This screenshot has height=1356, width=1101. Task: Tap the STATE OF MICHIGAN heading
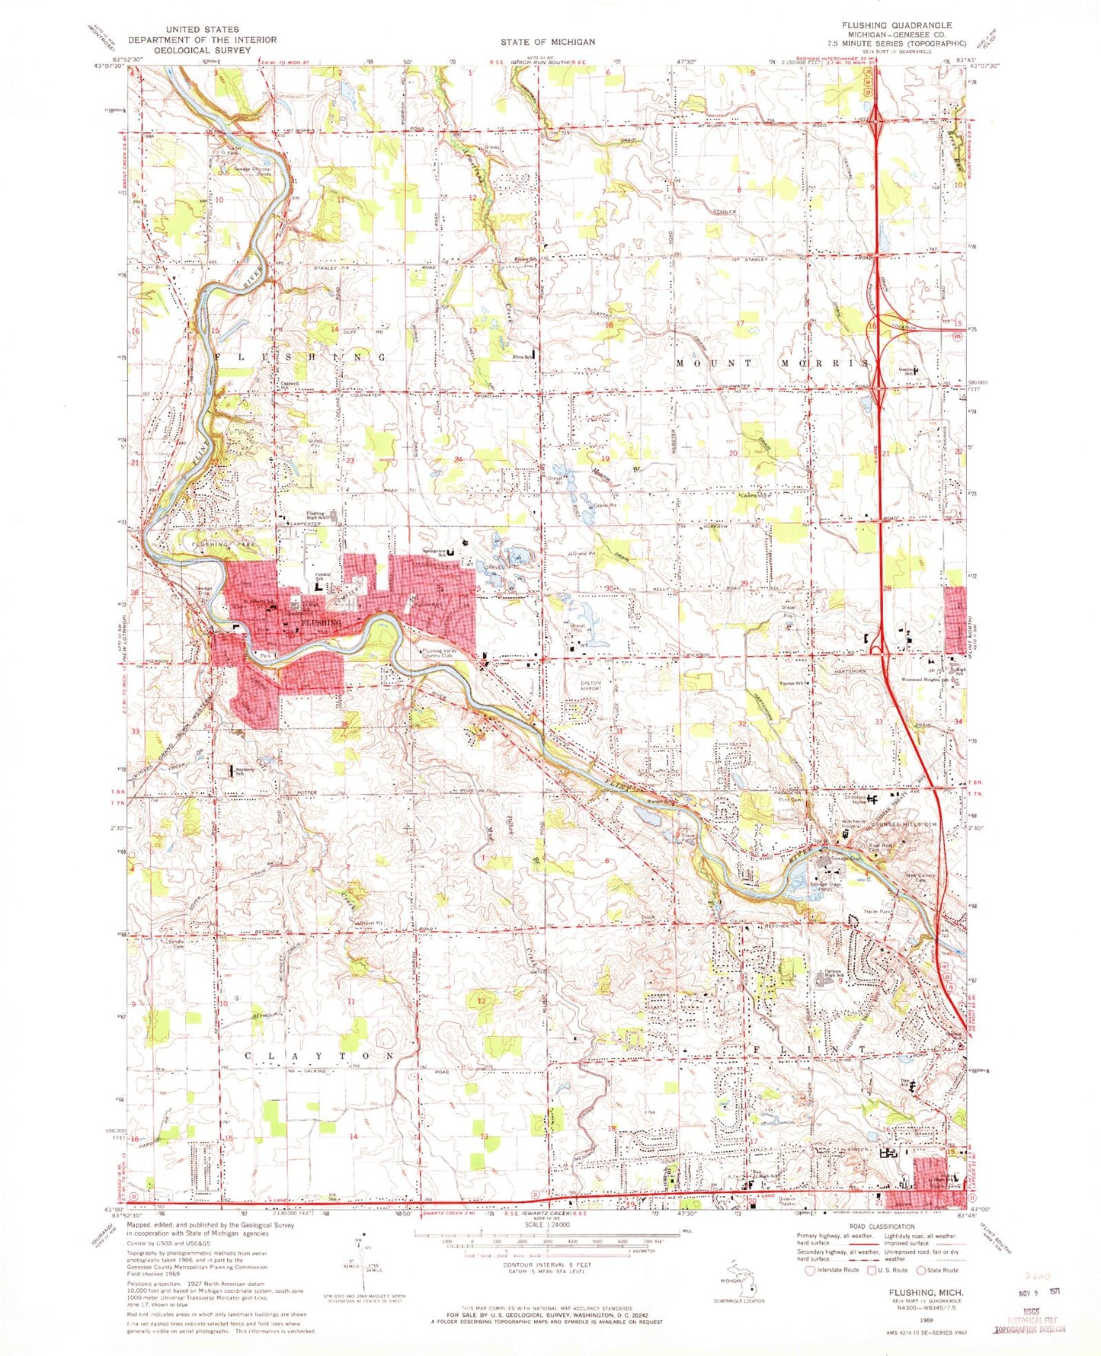(548, 41)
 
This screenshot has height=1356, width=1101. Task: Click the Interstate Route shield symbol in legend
(809, 1270)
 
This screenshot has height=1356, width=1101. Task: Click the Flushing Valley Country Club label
(447, 654)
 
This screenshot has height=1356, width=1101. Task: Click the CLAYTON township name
(321, 1056)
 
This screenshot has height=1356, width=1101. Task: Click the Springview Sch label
(434, 553)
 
